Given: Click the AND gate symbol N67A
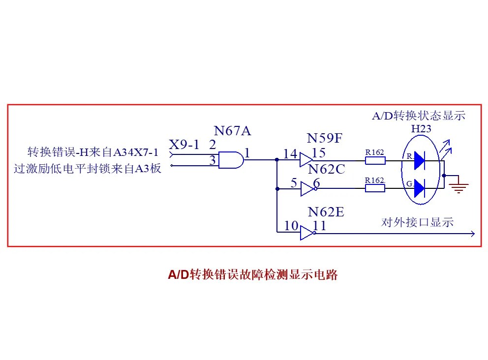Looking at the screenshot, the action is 231,160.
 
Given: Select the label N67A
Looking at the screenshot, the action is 232,131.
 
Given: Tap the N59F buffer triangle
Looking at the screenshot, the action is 305,160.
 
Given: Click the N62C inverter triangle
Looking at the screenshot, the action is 308,189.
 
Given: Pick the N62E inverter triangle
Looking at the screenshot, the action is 308,233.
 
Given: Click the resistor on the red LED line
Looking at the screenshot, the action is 375,160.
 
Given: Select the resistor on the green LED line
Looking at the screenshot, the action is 375,188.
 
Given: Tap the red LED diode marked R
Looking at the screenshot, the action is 420,160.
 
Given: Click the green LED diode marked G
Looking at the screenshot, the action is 420,188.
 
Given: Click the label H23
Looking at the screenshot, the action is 421,128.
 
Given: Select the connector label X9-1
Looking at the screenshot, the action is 184,145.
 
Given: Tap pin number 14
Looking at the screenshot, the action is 290,154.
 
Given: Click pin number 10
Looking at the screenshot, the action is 291,226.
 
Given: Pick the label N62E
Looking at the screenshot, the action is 326,212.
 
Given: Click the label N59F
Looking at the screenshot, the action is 324,138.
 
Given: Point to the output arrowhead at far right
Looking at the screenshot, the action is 473,234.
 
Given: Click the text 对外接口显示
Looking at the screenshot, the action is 417,222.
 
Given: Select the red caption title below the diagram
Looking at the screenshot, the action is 253,274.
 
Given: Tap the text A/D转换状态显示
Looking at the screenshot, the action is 419,116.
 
